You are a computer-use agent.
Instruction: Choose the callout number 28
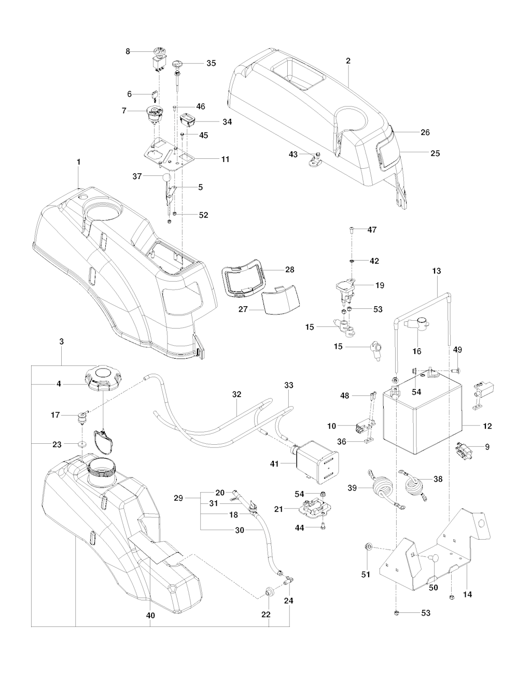pos(289,269)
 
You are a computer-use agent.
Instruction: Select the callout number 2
pos(348,61)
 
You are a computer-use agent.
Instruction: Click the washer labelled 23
pos(82,444)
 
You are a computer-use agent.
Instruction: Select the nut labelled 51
pos(369,546)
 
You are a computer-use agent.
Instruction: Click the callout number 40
pos(151,616)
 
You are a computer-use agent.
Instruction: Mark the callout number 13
pos(436,271)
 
